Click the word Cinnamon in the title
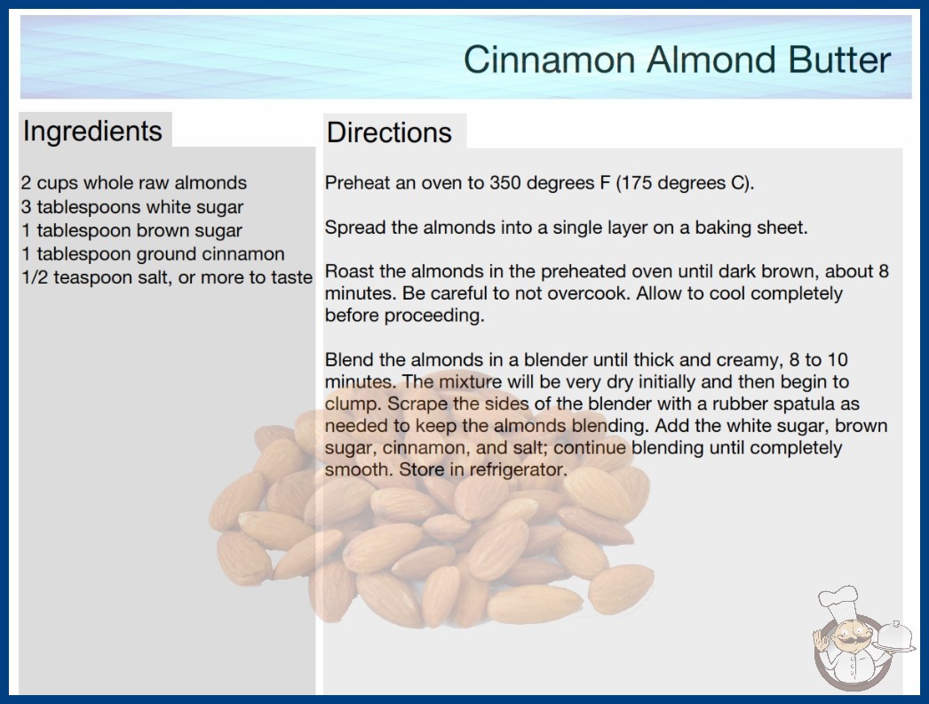point(549,60)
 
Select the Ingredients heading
point(92,132)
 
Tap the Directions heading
point(389,132)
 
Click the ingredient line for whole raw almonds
point(134,183)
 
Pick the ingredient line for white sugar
point(132,207)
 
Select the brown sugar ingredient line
point(131,230)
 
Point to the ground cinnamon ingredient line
point(153,254)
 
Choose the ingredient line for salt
point(167,277)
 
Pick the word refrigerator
point(518,469)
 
